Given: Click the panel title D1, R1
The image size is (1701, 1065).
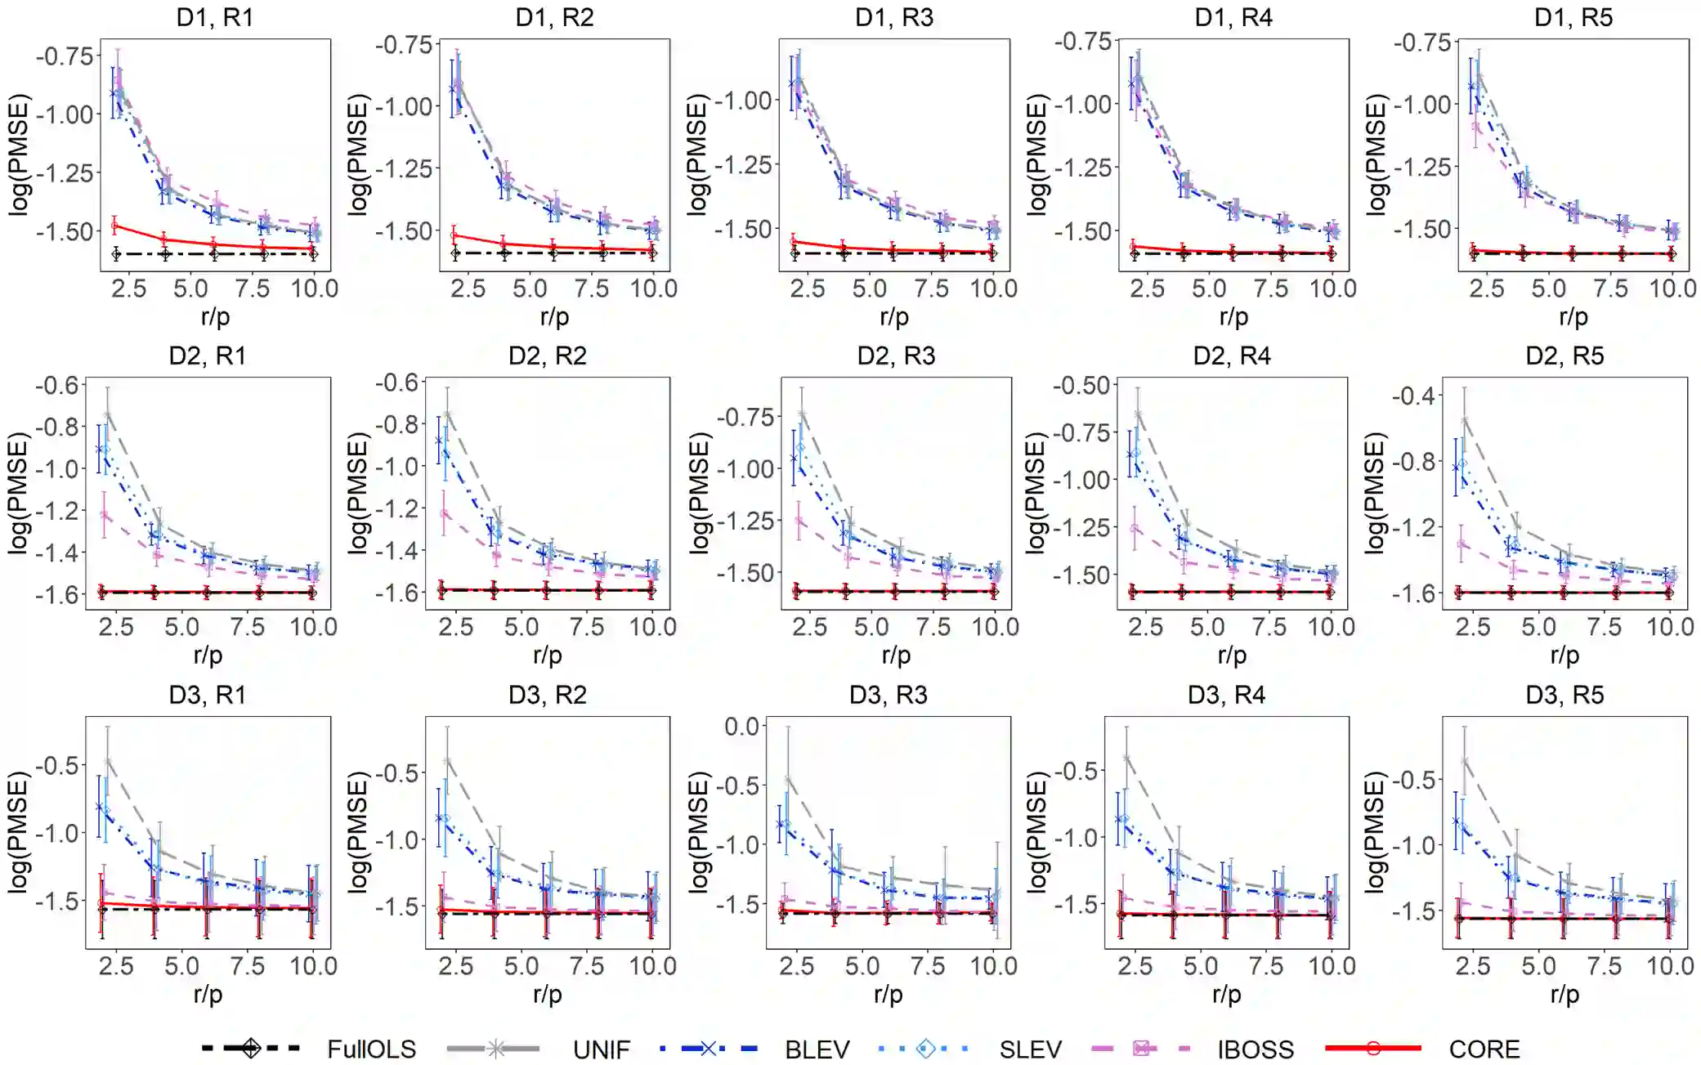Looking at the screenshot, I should pos(215,17).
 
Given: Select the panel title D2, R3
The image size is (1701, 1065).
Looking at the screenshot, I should pos(896,356).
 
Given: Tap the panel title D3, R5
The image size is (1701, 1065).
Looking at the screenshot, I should pos(1564,695).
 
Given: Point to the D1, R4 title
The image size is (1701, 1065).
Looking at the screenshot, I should pos(1233,17).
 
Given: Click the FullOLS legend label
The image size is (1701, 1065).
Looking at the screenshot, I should pos(371,1049).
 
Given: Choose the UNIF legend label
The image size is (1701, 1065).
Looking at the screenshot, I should pos(601,1049).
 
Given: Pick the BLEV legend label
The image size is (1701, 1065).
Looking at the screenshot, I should pos(817,1049).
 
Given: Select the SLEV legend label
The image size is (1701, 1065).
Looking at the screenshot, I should pos(1030,1049).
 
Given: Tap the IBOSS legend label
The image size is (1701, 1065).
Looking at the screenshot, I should pos(1256,1049).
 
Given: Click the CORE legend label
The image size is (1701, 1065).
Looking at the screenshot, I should pos(1484,1049).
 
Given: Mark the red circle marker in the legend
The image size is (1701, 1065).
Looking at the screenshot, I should pos(1372,1048).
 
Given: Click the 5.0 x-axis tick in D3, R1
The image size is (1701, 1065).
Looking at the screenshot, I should pos(181,966).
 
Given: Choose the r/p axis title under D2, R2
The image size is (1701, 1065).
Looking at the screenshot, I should pos(547,655).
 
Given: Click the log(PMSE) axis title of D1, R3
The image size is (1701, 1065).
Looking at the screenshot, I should pos(696,155).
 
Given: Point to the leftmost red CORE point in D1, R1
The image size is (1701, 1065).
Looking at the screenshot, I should pos(115,225).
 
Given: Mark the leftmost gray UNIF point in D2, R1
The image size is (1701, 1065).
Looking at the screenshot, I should pos(107,412).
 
